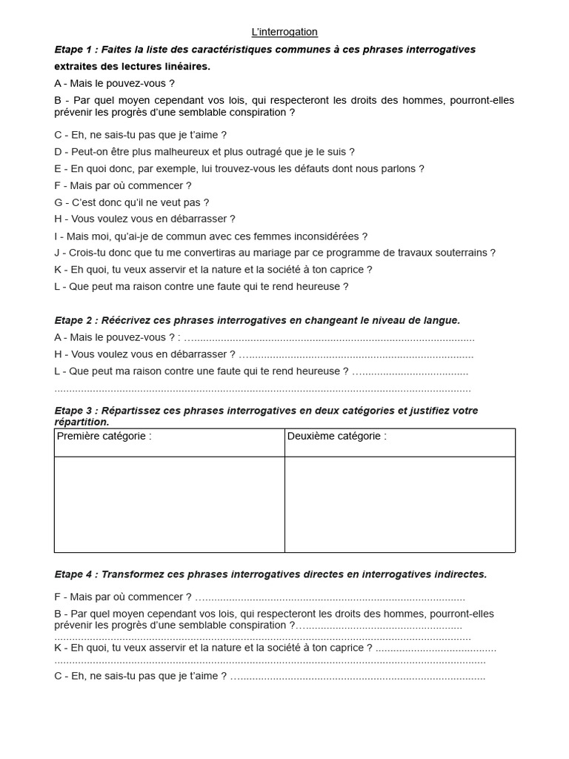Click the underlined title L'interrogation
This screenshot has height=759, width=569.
pyautogui.click(x=284, y=32)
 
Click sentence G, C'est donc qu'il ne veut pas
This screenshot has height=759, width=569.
pyautogui.click(x=132, y=202)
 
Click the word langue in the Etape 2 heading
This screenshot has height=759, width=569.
pyautogui.click(x=442, y=321)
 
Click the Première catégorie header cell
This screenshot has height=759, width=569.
pyautogui.click(x=169, y=443)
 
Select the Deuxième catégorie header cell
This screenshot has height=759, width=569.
pyautogui.click(x=399, y=443)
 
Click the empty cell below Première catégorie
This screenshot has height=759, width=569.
pyautogui.click(x=169, y=504)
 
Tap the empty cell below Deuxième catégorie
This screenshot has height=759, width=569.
pyautogui.click(x=399, y=504)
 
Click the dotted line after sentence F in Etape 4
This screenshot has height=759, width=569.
pyautogui.click(x=330, y=597)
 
